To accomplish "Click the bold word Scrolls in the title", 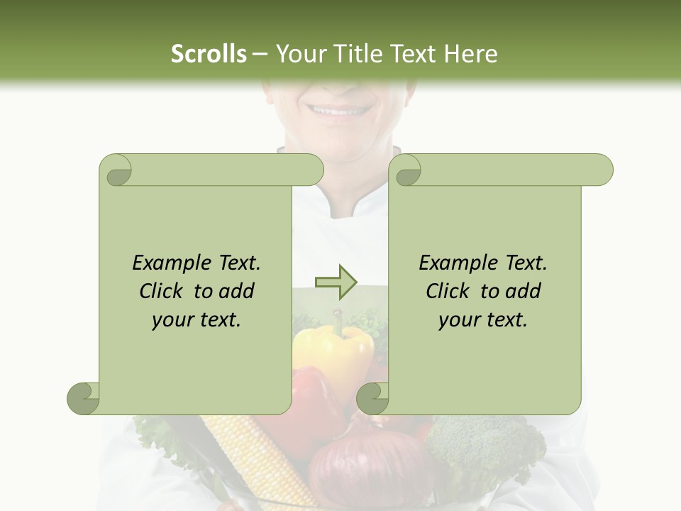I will pos(209,54).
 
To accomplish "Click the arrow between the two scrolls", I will pos(336,282).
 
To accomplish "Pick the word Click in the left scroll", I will pos(162,291).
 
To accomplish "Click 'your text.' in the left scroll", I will pos(196,320).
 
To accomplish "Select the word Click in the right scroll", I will pos(449,291).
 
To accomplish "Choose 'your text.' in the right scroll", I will pos(483,320).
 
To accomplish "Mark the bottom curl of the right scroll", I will pos(373,397).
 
